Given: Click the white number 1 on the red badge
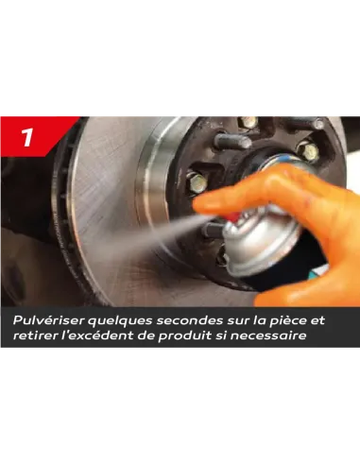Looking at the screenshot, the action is (27, 137).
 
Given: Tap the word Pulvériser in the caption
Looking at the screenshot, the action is (49, 320).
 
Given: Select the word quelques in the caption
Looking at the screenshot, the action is (120, 321).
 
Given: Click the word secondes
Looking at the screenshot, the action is (189, 320).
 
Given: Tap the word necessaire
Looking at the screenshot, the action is (268, 336).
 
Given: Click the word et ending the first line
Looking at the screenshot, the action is (317, 321).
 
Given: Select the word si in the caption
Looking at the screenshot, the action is (220, 336).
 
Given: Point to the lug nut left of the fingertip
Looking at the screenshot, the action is (197, 182).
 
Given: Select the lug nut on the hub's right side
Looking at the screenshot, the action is (308, 151).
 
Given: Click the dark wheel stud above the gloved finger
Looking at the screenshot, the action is (233, 141).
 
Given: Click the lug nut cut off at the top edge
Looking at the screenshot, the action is (249, 122).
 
